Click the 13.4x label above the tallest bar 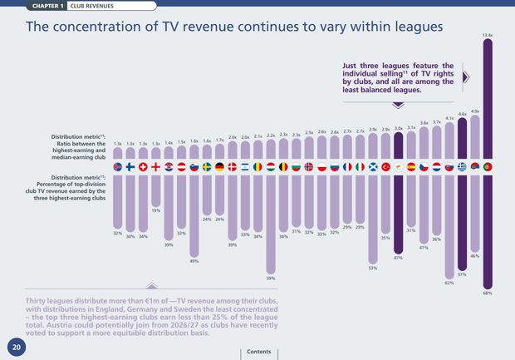(488, 35)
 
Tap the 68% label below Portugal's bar (488, 293)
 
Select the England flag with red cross (155, 167)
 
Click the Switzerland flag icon (143, 167)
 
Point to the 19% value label (155, 210)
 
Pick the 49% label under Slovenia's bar (194, 261)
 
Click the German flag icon (219, 167)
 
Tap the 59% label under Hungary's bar (271, 278)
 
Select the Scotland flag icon (373, 167)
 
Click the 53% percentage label (373, 268)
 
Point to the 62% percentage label (449, 283)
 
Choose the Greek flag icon (462, 167)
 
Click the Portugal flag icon (488, 167)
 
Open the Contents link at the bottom (258, 352)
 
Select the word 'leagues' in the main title (412, 27)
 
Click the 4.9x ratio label (475, 111)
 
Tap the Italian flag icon (360, 167)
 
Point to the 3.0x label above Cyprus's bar (399, 129)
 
